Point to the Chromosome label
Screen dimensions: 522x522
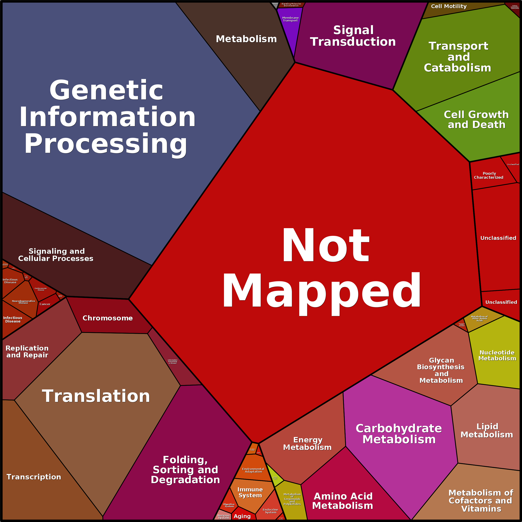click(x=107, y=318)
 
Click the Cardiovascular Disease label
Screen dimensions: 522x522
click(x=41, y=289)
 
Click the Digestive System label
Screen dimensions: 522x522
click(x=229, y=505)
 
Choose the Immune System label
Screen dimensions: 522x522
click(x=250, y=492)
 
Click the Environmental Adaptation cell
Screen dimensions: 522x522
click(x=253, y=470)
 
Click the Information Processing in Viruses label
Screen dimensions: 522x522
click(x=172, y=362)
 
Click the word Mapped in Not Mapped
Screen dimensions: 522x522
click(x=321, y=292)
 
